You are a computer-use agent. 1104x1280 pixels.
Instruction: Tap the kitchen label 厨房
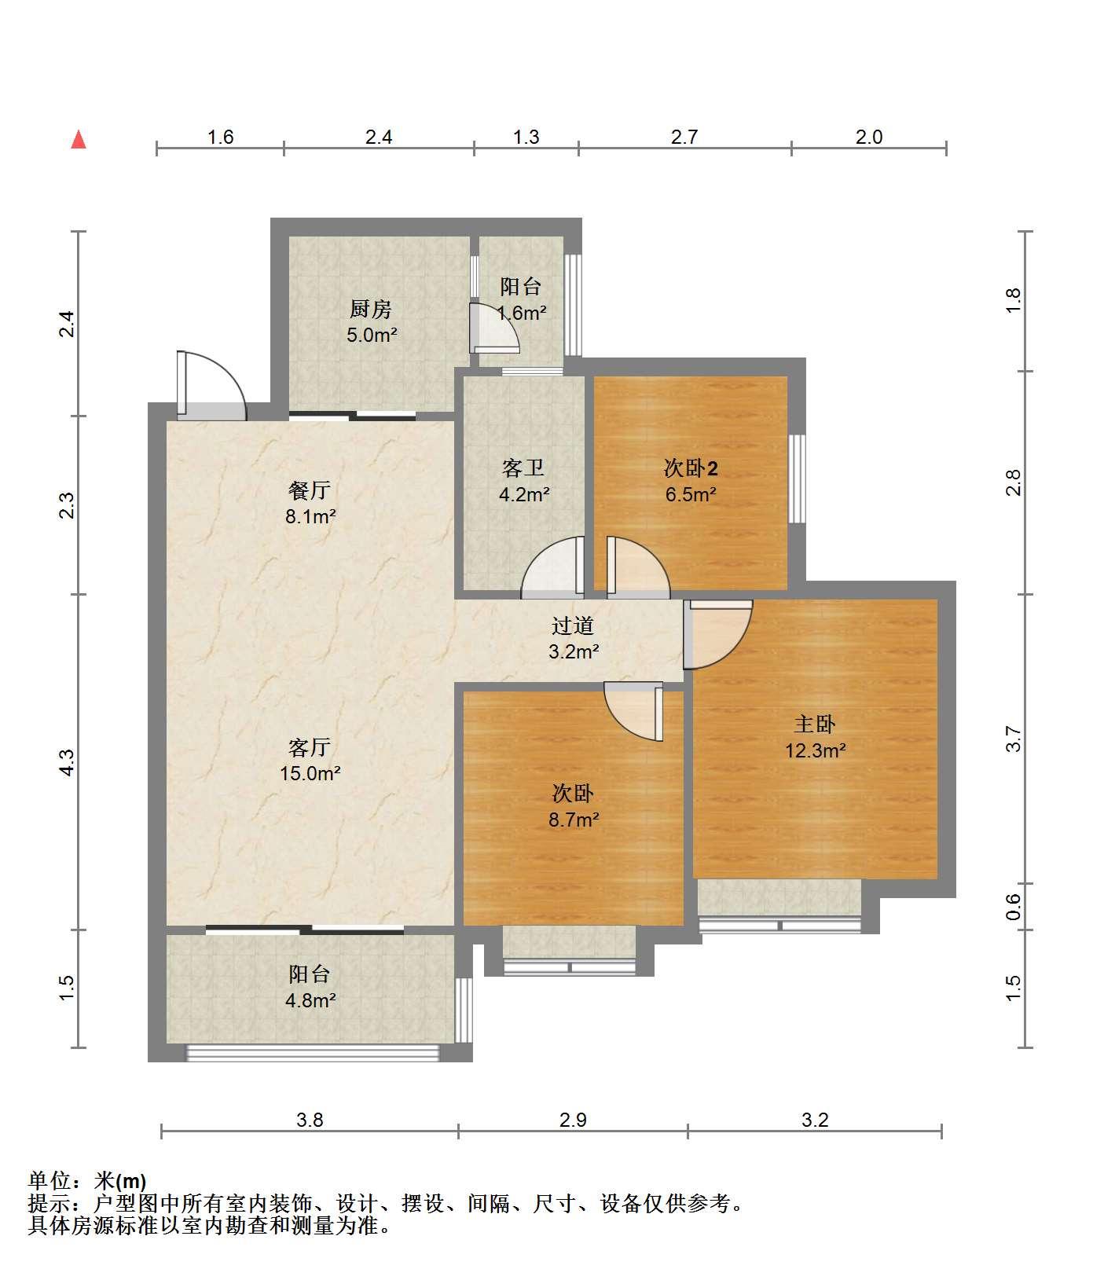coord(371,309)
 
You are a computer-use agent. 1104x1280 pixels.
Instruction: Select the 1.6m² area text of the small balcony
coord(522,313)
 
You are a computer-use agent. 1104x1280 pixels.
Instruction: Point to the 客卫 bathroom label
coord(523,468)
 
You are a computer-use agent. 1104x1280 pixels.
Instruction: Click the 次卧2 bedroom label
coord(691,468)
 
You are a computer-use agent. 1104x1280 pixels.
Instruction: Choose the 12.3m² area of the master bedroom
coord(815,750)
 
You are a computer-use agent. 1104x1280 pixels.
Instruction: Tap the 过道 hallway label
coord(573,625)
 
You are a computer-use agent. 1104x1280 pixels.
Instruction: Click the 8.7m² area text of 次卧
coord(574,820)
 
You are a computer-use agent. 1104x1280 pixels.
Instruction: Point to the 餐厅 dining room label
coord(310,490)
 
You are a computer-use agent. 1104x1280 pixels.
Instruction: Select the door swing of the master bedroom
coord(717,634)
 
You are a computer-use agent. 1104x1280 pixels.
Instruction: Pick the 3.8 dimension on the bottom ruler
coord(310,1120)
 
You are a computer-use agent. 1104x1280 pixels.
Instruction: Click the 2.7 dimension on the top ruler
coord(684,137)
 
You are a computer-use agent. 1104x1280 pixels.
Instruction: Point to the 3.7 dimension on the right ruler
coord(1014,739)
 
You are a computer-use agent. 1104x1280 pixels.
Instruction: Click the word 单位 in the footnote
coord(49,1181)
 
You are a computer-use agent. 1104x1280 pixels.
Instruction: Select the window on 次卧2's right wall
coord(798,479)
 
